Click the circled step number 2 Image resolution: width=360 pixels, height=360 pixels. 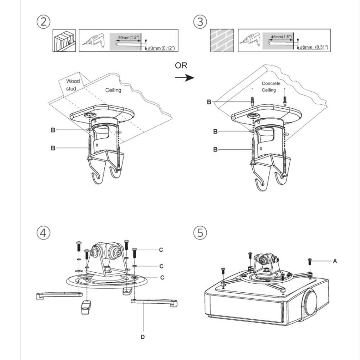point(44,22)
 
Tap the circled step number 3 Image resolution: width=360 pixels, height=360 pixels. point(200,22)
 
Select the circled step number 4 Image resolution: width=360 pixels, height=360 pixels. point(44,233)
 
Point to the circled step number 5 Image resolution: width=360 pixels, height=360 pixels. point(200,233)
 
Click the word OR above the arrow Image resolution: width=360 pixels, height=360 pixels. point(181,65)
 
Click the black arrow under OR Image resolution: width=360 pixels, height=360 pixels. point(184,78)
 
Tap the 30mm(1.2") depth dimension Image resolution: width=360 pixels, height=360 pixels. point(129,37)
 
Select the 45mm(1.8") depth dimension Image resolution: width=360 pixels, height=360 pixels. point(281,36)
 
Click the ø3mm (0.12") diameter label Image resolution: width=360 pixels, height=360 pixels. point(161,48)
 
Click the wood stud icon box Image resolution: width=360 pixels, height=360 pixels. point(64,41)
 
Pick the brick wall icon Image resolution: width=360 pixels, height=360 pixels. point(222,40)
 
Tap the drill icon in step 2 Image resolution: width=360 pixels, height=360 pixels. point(93,40)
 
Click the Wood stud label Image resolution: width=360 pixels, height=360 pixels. point(73,85)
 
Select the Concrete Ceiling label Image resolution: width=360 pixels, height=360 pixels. point(271,87)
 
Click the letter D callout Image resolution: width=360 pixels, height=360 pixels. point(142,337)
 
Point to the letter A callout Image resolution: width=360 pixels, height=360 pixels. point(335,261)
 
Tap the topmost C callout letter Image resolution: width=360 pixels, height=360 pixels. point(161,250)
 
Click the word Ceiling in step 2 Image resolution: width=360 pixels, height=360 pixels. point(113,90)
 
